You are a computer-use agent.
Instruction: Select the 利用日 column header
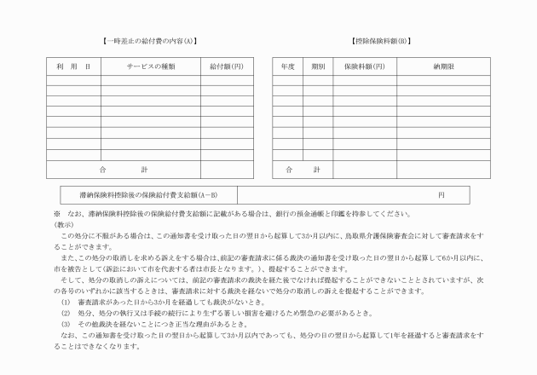73,66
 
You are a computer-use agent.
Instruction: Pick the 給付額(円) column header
226,66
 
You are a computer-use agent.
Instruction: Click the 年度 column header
288,66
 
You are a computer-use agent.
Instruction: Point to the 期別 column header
318,66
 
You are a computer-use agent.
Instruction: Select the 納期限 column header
443,66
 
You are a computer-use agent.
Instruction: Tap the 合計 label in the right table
303,169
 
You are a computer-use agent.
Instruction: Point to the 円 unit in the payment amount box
442,195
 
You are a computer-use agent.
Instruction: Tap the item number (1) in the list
66,303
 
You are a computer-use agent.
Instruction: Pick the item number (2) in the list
66,313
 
